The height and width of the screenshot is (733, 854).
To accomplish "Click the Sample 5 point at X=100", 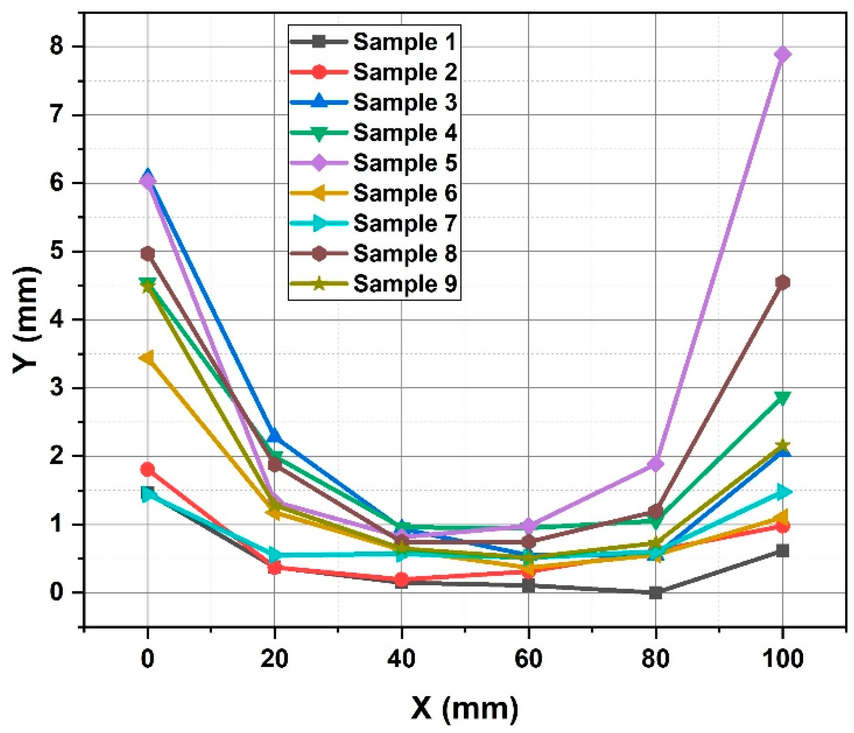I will click(783, 54).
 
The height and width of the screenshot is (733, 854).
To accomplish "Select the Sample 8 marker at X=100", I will click(783, 282).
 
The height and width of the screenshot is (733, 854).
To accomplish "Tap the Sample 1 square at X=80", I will click(655, 593).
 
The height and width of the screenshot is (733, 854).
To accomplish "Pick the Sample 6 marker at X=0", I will click(148, 358).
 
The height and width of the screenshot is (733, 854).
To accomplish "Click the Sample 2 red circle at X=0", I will click(148, 469).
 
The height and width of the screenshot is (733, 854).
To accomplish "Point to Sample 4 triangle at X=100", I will click(783, 397).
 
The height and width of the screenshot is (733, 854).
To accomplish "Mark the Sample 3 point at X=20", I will click(274, 436).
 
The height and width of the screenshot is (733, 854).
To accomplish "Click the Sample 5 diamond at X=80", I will click(655, 464).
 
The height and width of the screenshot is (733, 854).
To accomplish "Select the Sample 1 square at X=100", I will click(783, 551).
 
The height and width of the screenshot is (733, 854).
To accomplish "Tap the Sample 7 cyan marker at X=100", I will click(783, 492).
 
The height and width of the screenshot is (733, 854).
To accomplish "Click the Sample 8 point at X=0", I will click(148, 254).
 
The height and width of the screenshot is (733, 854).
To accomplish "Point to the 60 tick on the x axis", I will click(529, 659).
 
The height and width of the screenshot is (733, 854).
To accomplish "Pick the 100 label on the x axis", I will click(783, 659).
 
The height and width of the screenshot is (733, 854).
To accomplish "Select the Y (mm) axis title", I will click(27, 320).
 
